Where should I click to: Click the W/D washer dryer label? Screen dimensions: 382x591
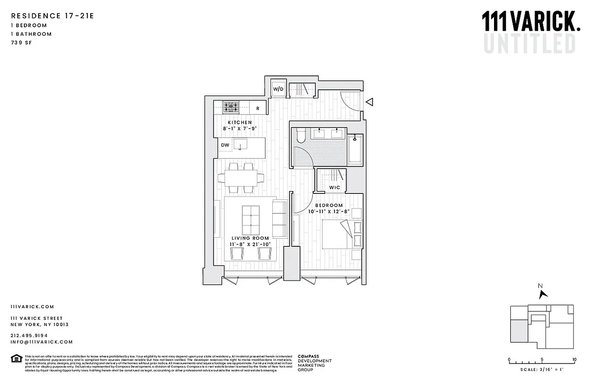tap(278, 89)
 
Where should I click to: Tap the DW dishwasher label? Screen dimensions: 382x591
tap(225, 145)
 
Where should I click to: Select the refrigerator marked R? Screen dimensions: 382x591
tap(258, 108)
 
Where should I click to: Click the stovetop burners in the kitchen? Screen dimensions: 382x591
tap(233, 107)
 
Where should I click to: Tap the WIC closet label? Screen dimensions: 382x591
tap(334, 188)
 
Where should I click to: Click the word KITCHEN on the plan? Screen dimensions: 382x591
tap(240, 123)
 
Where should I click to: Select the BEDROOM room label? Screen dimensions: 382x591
tap(329, 205)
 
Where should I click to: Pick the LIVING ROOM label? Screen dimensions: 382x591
tap(250, 238)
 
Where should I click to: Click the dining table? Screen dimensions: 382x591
tap(241, 178)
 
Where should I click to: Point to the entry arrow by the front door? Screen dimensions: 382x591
tap(369, 102)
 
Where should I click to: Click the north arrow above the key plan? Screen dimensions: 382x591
tap(542, 293)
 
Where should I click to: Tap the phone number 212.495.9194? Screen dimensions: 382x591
tap(29, 335)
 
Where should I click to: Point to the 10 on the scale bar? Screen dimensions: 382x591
tap(574, 360)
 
